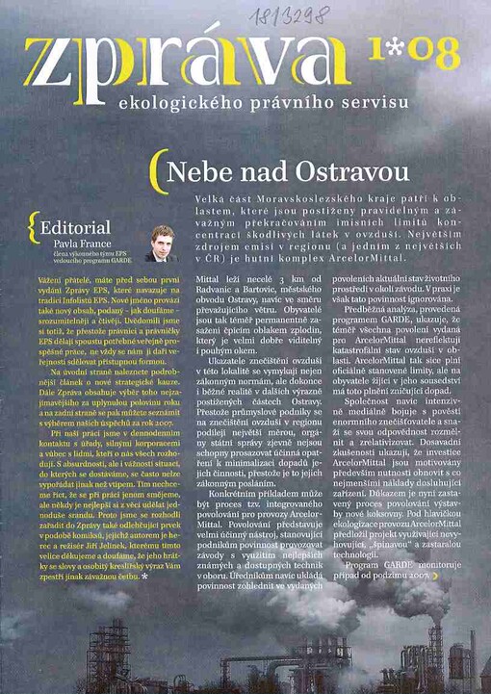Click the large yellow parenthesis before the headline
[154, 174]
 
